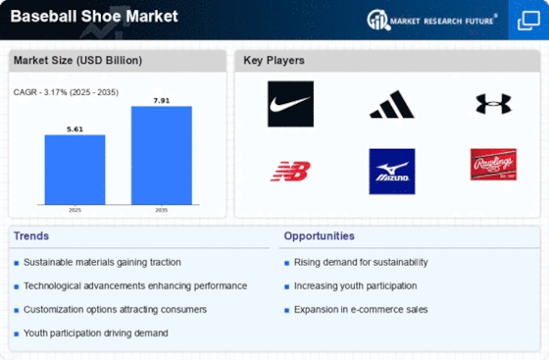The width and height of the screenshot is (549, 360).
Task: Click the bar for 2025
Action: tap(75, 170)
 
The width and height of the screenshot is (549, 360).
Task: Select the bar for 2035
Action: tap(162, 155)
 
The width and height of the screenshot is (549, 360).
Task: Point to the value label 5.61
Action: tap(75, 129)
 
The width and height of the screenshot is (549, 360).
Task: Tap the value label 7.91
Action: tap(162, 100)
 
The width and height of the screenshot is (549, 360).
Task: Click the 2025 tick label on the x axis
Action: tap(75, 210)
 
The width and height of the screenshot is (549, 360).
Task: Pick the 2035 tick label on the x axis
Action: tap(162, 210)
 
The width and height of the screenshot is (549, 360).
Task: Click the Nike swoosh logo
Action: tap(290, 104)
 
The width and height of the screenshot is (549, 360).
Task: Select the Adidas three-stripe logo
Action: tap(392, 104)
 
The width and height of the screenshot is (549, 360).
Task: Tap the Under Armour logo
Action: tap(493, 104)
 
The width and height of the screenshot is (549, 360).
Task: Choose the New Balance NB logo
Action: tap(290, 171)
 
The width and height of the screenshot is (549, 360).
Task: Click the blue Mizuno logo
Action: tap(392, 172)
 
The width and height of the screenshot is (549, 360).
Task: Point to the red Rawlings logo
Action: tap(493, 164)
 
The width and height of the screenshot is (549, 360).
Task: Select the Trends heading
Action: tap(31, 236)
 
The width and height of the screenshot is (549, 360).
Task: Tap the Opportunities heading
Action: tap(319, 236)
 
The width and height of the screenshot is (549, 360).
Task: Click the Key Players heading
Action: tap(274, 60)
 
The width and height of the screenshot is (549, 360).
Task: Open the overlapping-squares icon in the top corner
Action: tap(528, 21)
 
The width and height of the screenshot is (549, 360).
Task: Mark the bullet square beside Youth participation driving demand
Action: tap(16, 334)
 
